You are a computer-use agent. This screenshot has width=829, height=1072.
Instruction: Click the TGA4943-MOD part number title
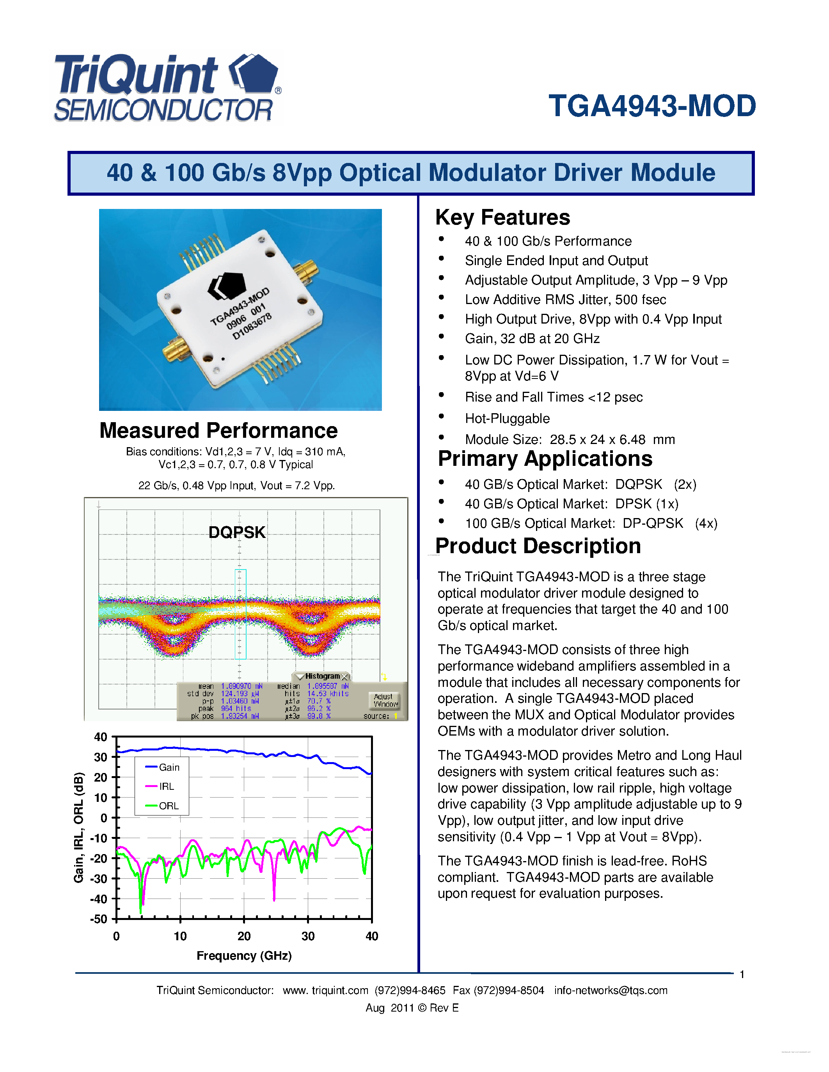point(652,106)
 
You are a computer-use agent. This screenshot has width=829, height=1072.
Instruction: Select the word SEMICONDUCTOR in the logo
point(163,110)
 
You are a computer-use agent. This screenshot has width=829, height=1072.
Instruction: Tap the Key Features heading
point(502,218)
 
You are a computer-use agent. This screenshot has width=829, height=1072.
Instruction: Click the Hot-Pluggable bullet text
point(507,418)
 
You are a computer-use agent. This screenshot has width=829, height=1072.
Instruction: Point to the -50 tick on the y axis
point(98,919)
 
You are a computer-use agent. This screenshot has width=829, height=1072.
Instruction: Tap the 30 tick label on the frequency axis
point(308,936)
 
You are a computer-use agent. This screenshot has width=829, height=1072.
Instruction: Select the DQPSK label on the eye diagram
point(237,532)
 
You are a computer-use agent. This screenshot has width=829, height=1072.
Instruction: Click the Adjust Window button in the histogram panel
point(385,701)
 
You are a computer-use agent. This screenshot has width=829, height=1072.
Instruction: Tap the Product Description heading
point(538,546)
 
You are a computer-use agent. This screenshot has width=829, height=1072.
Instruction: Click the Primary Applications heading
point(545,459)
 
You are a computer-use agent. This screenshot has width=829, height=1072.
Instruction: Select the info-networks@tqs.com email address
point(611,991)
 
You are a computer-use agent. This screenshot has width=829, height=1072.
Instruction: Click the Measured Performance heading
point(218,430)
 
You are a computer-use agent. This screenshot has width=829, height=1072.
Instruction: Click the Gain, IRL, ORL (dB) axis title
point(78,828)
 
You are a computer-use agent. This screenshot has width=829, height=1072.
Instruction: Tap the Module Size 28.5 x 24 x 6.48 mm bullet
point(570,439)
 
